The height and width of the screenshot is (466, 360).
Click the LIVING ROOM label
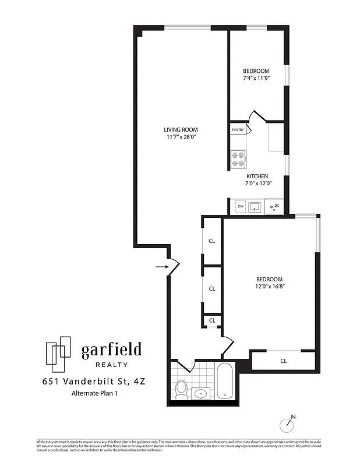pyautogui.click(x=181, y=130)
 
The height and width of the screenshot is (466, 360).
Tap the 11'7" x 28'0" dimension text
pyautogui.click(x=181, y=137)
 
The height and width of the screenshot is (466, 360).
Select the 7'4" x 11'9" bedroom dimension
pyautogui.click(x=256, y=78)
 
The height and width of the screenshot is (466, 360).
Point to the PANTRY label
pyautogui.click(x=237, y=130)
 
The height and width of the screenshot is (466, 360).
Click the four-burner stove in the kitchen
pyautogui.click(x=238, y=159)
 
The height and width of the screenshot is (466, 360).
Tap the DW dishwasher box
pyautogui.click(x=240, y=206)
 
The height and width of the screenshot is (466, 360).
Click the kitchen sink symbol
pyautogui.click(x=256, y=206)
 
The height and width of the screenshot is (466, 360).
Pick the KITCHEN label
pyautogui.click(x=257, y=176)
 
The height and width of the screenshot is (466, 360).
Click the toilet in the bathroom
pyautogui.click(x=181, y=389)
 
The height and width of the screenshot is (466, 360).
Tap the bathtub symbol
pyautogui.click(x=225, y=381)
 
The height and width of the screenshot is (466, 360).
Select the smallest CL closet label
pyautogui.click(x=212, y=320)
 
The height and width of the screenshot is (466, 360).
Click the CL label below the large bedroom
pyautogui.click(x=284, y=361)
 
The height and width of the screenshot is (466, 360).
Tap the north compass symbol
pyautogui.click(x=288, y=423)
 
